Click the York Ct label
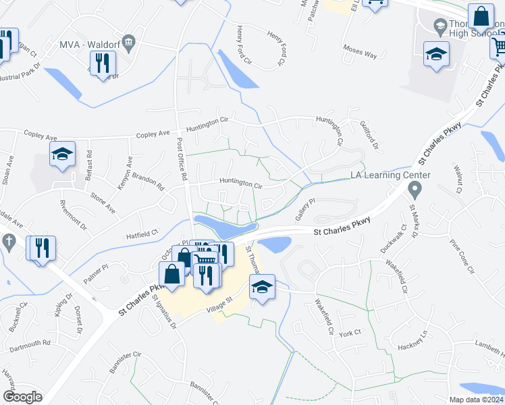coord(351,333)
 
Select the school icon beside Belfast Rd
coord(62,155)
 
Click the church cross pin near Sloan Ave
coord(9,242)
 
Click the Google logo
coord(22,397)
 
